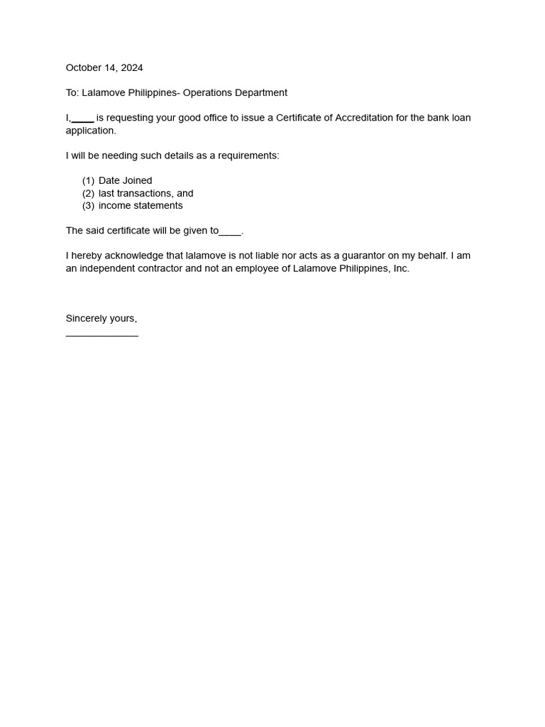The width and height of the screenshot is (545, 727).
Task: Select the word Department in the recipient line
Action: (x=263, y=93)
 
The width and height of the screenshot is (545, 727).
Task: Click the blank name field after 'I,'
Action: (x=83, y=119)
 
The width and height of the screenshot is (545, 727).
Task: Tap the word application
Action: (x=90, y=131)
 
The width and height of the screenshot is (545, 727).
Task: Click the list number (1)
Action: (x=88, y=181)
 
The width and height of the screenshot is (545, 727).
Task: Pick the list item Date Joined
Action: (x=126, y=181)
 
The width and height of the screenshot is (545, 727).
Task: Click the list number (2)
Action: (x=88, y=193)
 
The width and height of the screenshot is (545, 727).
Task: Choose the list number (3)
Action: (x=88, y=206)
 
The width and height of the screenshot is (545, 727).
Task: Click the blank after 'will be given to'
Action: (x=231, y=232)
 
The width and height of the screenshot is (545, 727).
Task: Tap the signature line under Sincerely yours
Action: (x=102, y=334)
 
